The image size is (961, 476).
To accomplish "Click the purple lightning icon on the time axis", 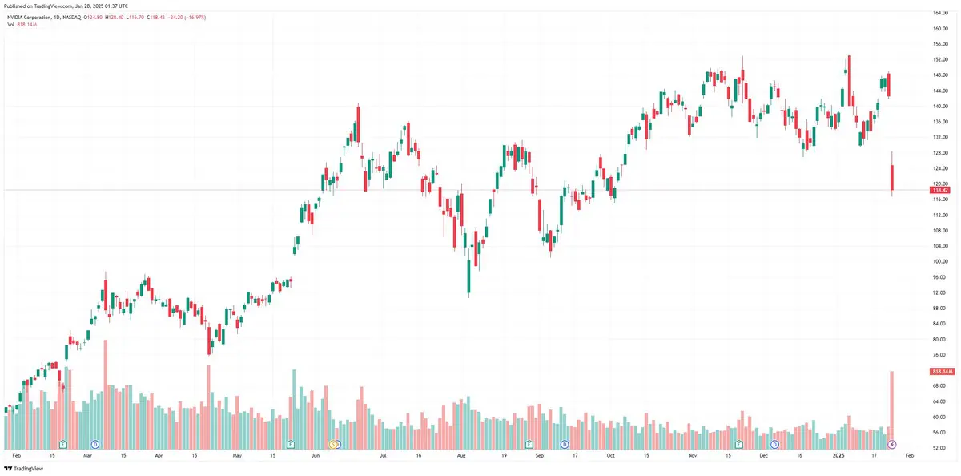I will click(x=892, y=444).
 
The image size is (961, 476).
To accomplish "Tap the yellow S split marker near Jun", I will click(x=336, y=444).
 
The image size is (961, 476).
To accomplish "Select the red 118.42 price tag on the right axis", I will click(x=939, y=190).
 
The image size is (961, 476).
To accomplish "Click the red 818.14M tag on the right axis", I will click(x=940, y=372).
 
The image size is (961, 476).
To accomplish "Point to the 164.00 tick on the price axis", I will click(x=940, y=13).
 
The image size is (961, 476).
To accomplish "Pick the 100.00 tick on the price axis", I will click(x=940, y=261).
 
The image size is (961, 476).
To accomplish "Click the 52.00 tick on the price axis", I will click(x=940, y=448).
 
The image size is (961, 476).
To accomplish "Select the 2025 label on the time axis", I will click(x=838, y=454).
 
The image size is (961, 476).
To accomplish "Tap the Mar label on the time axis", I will click(x=87, y=454).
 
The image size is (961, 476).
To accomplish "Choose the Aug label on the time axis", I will click(x=461, y=454).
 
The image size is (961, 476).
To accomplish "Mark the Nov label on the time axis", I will click(x=693, y=454).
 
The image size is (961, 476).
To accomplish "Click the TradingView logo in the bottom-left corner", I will click(x=26, y=468).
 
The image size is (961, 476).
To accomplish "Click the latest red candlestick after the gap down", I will click(x=892, y=178).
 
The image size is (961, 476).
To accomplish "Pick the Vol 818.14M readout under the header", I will click(x=22, y=25).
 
